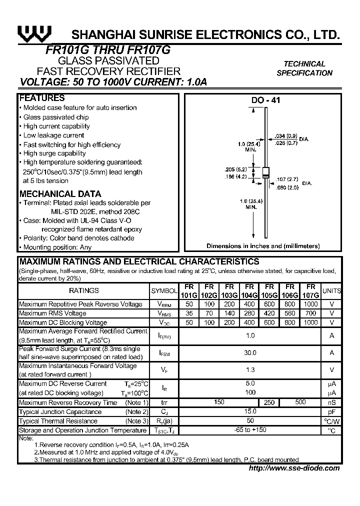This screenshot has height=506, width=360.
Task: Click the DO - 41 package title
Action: coord(265,100)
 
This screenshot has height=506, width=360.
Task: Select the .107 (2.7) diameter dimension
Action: coord(287,178)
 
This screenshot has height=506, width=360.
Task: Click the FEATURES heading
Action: coord(42,98)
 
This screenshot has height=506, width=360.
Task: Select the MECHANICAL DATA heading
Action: coord(60,194)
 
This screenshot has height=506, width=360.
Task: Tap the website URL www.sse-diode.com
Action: coord(294,468)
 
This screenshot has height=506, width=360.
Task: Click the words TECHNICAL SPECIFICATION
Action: coord(304,68)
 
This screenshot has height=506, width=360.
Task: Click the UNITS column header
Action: coord(331,291)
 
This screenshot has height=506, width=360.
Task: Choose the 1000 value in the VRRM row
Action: coord(310,304)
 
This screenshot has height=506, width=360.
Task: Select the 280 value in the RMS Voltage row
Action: coord(250,313)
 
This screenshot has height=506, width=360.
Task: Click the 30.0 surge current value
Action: coord(250,353)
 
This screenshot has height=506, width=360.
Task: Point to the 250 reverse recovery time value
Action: coord(269,402)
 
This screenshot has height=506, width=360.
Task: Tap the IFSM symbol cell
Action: coord(164,353)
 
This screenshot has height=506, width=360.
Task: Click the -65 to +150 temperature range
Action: coord(250,430)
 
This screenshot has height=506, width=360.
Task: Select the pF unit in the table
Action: coord(331,412)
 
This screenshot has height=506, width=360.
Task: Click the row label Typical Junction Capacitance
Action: coord(60,412)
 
